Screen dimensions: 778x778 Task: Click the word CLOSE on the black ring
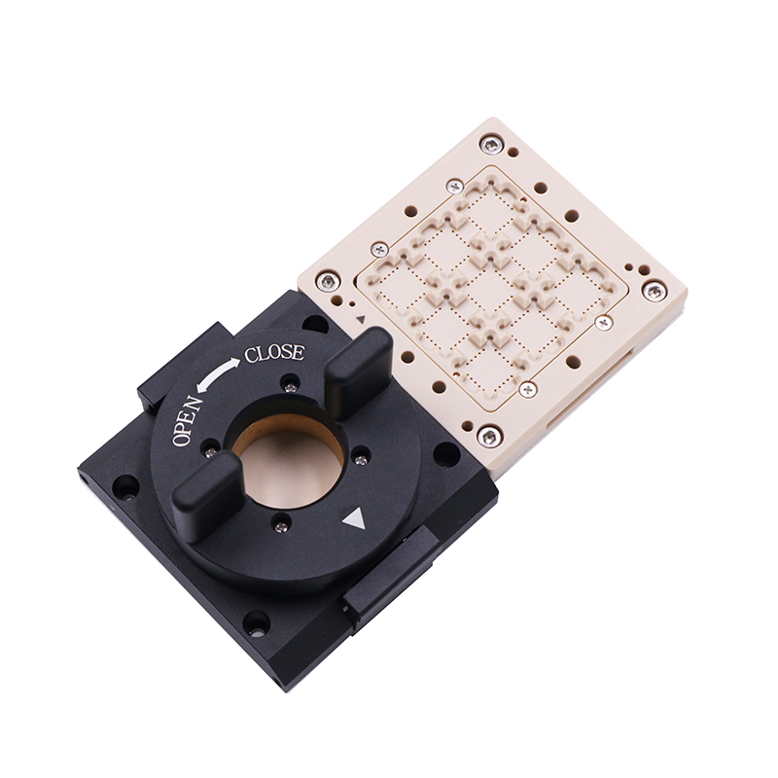[274, 353]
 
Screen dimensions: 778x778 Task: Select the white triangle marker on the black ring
[354, 519]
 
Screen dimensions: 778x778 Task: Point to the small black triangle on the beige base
[361, 319]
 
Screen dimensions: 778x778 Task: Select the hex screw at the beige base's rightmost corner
[654, 291]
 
